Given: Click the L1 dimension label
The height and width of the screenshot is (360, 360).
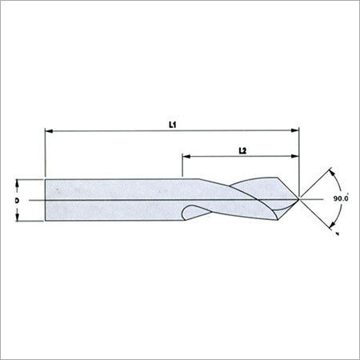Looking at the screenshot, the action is (x=173, y=125).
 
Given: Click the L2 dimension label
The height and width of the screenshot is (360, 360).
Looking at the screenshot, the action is (x=242, y=150).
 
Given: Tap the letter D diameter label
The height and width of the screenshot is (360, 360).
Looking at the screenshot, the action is (x=17, y=200).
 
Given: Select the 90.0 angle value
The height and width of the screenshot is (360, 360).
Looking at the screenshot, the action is (x=341, y=198).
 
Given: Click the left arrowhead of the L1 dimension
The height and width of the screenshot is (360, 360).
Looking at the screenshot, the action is (x=49, y=130).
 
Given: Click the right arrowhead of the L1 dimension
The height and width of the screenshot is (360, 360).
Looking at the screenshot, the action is (x=295, y=130).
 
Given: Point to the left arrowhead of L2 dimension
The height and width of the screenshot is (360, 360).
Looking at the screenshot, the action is (x=186, y=156).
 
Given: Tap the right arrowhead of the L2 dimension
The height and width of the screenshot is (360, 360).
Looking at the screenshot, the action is (x=295, y=156).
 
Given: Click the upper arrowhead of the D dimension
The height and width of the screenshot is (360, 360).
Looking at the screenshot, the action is (x=17, y=183).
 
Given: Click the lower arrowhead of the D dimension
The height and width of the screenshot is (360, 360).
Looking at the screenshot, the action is (x=17, y=218).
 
